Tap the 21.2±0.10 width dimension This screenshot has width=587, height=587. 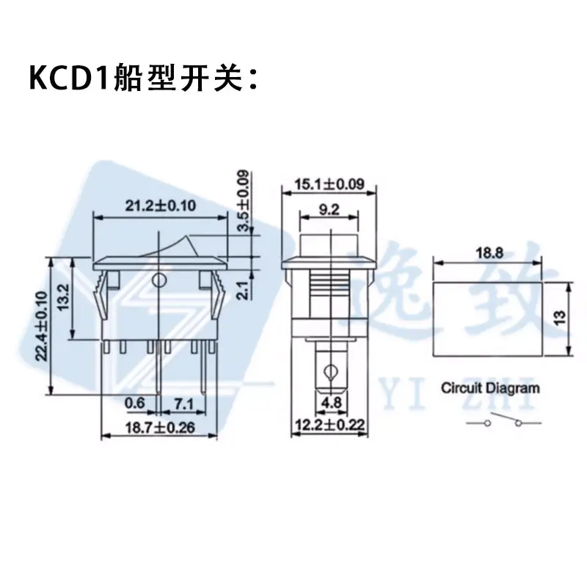(x=160, y=205)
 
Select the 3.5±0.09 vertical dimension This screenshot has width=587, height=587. (x=244, y=201)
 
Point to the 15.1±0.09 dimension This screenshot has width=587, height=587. (x=329, y=184)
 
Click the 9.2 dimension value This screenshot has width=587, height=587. (x=329, y=210)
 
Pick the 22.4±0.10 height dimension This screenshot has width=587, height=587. (x=42, y=326)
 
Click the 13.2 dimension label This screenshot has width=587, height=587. (x=64, y=297)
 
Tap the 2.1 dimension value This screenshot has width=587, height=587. (x=244, y=291)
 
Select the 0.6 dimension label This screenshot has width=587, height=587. (x=134, y=403)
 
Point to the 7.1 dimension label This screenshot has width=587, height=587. (x=183, y=404)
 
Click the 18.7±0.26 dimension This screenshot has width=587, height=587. (x=160, y=428)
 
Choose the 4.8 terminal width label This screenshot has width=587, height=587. (x=332, y=403)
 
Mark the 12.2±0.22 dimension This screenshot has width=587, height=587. (x=329, y=426)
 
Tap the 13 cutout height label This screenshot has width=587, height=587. (x=560, y=318)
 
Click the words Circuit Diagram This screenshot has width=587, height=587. (x=490, y=388)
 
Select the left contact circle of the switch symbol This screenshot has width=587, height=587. (x=487, y=423)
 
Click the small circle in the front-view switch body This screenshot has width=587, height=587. (x=160, y=280)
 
